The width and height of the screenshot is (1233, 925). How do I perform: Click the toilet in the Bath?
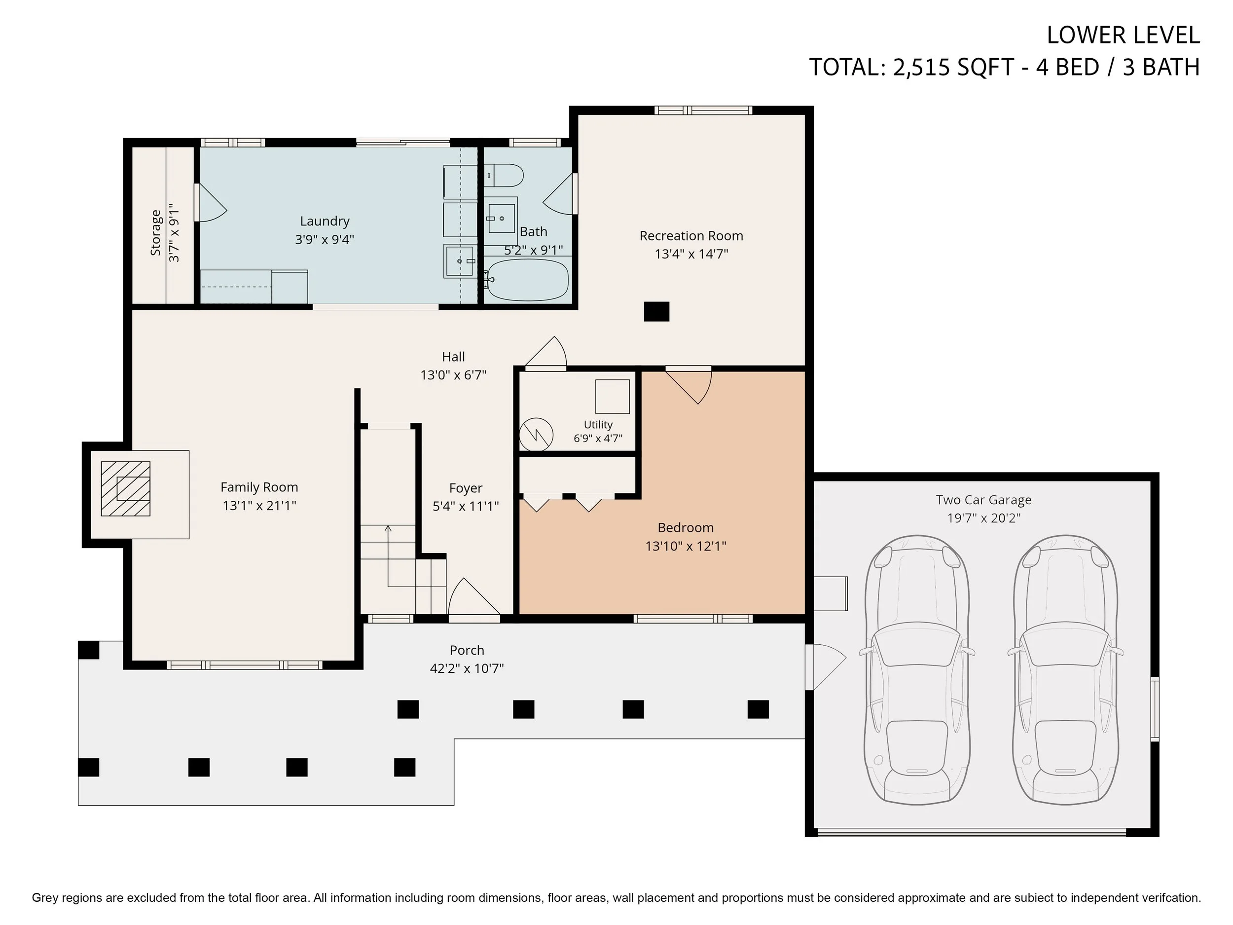[504, 176]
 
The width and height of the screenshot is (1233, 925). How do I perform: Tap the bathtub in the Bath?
[527, 280]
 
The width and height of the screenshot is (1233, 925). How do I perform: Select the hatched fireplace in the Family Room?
[125, 488]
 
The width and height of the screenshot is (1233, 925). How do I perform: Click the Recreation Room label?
[691, 236]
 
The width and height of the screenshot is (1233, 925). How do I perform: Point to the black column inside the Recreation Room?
[656, 312]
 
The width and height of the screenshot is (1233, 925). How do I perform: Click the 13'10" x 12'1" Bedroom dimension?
[686, 546]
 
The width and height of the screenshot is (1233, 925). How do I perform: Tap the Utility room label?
[598, 425]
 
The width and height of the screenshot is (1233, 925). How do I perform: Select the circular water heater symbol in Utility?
[536, 434]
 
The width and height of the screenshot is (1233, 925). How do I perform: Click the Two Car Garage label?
[984, 500]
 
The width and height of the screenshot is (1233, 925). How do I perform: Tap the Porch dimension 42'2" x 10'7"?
[467, 668]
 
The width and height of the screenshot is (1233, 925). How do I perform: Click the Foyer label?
[466, 488]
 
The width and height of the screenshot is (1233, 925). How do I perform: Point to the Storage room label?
[155, 233]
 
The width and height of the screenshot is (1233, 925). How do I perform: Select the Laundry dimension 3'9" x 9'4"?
[325, 240]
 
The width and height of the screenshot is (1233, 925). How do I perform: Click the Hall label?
[453, 357]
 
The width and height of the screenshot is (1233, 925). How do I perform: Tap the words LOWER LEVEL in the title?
[1123, 35]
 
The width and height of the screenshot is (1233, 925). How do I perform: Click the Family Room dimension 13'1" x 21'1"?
[259, 506]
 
